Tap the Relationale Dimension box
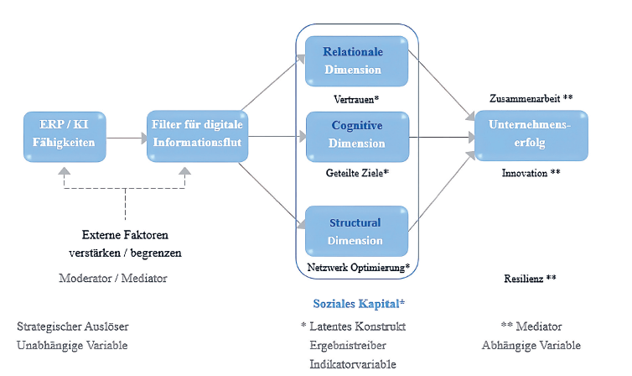[356, 60]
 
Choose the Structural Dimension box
[356, 232]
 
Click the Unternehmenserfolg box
[531, 135]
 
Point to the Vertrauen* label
[356, 99]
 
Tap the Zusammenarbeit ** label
[531, 98]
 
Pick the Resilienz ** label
[531, 278]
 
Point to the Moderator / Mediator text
[113, 278]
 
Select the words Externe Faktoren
[125, 234]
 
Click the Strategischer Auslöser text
[73, 326]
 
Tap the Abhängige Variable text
[531, 345]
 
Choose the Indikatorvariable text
[353, 364]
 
